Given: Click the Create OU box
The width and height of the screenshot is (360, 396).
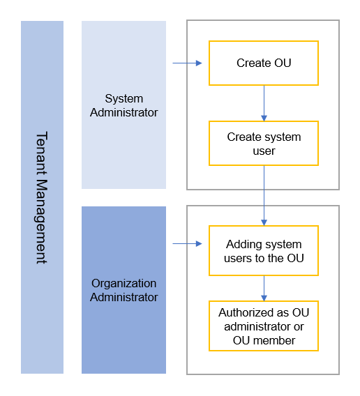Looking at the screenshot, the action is pos(264,63).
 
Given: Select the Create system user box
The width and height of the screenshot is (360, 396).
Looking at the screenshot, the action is pos(264,144).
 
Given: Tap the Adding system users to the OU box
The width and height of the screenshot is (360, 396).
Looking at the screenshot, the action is pos(264,250).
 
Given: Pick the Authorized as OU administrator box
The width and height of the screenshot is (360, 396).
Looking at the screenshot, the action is pos(264,326).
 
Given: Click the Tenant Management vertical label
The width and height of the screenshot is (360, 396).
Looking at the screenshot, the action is pos(41,197).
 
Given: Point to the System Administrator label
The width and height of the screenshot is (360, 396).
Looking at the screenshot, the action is pos(124,105).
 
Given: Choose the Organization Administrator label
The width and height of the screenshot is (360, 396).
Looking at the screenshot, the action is pos(124,290).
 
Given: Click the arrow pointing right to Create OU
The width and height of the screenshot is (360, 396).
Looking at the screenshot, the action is pos(188,63).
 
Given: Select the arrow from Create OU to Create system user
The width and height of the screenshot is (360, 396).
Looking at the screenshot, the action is pos(264,103).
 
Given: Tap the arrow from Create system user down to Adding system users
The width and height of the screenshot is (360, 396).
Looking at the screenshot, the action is pos(264,196).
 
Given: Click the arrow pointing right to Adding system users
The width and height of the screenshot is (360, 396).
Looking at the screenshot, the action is pos(188,243).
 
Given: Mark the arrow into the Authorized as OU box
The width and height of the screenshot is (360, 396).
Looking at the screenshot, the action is pos(264,289).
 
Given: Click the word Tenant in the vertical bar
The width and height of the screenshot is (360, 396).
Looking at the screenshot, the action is pos(41,153).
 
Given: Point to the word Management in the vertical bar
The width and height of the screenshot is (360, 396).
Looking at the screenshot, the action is pos(41,222).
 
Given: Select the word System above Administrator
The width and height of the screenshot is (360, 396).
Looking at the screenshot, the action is pos(124,99).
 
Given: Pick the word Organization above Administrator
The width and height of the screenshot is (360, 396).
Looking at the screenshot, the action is pos(124,283).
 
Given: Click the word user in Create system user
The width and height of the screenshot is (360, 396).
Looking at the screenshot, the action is pos(264,151).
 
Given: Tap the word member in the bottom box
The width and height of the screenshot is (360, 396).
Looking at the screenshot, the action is pos(274,340).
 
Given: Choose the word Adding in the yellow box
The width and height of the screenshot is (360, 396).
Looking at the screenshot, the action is pos(241,245).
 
